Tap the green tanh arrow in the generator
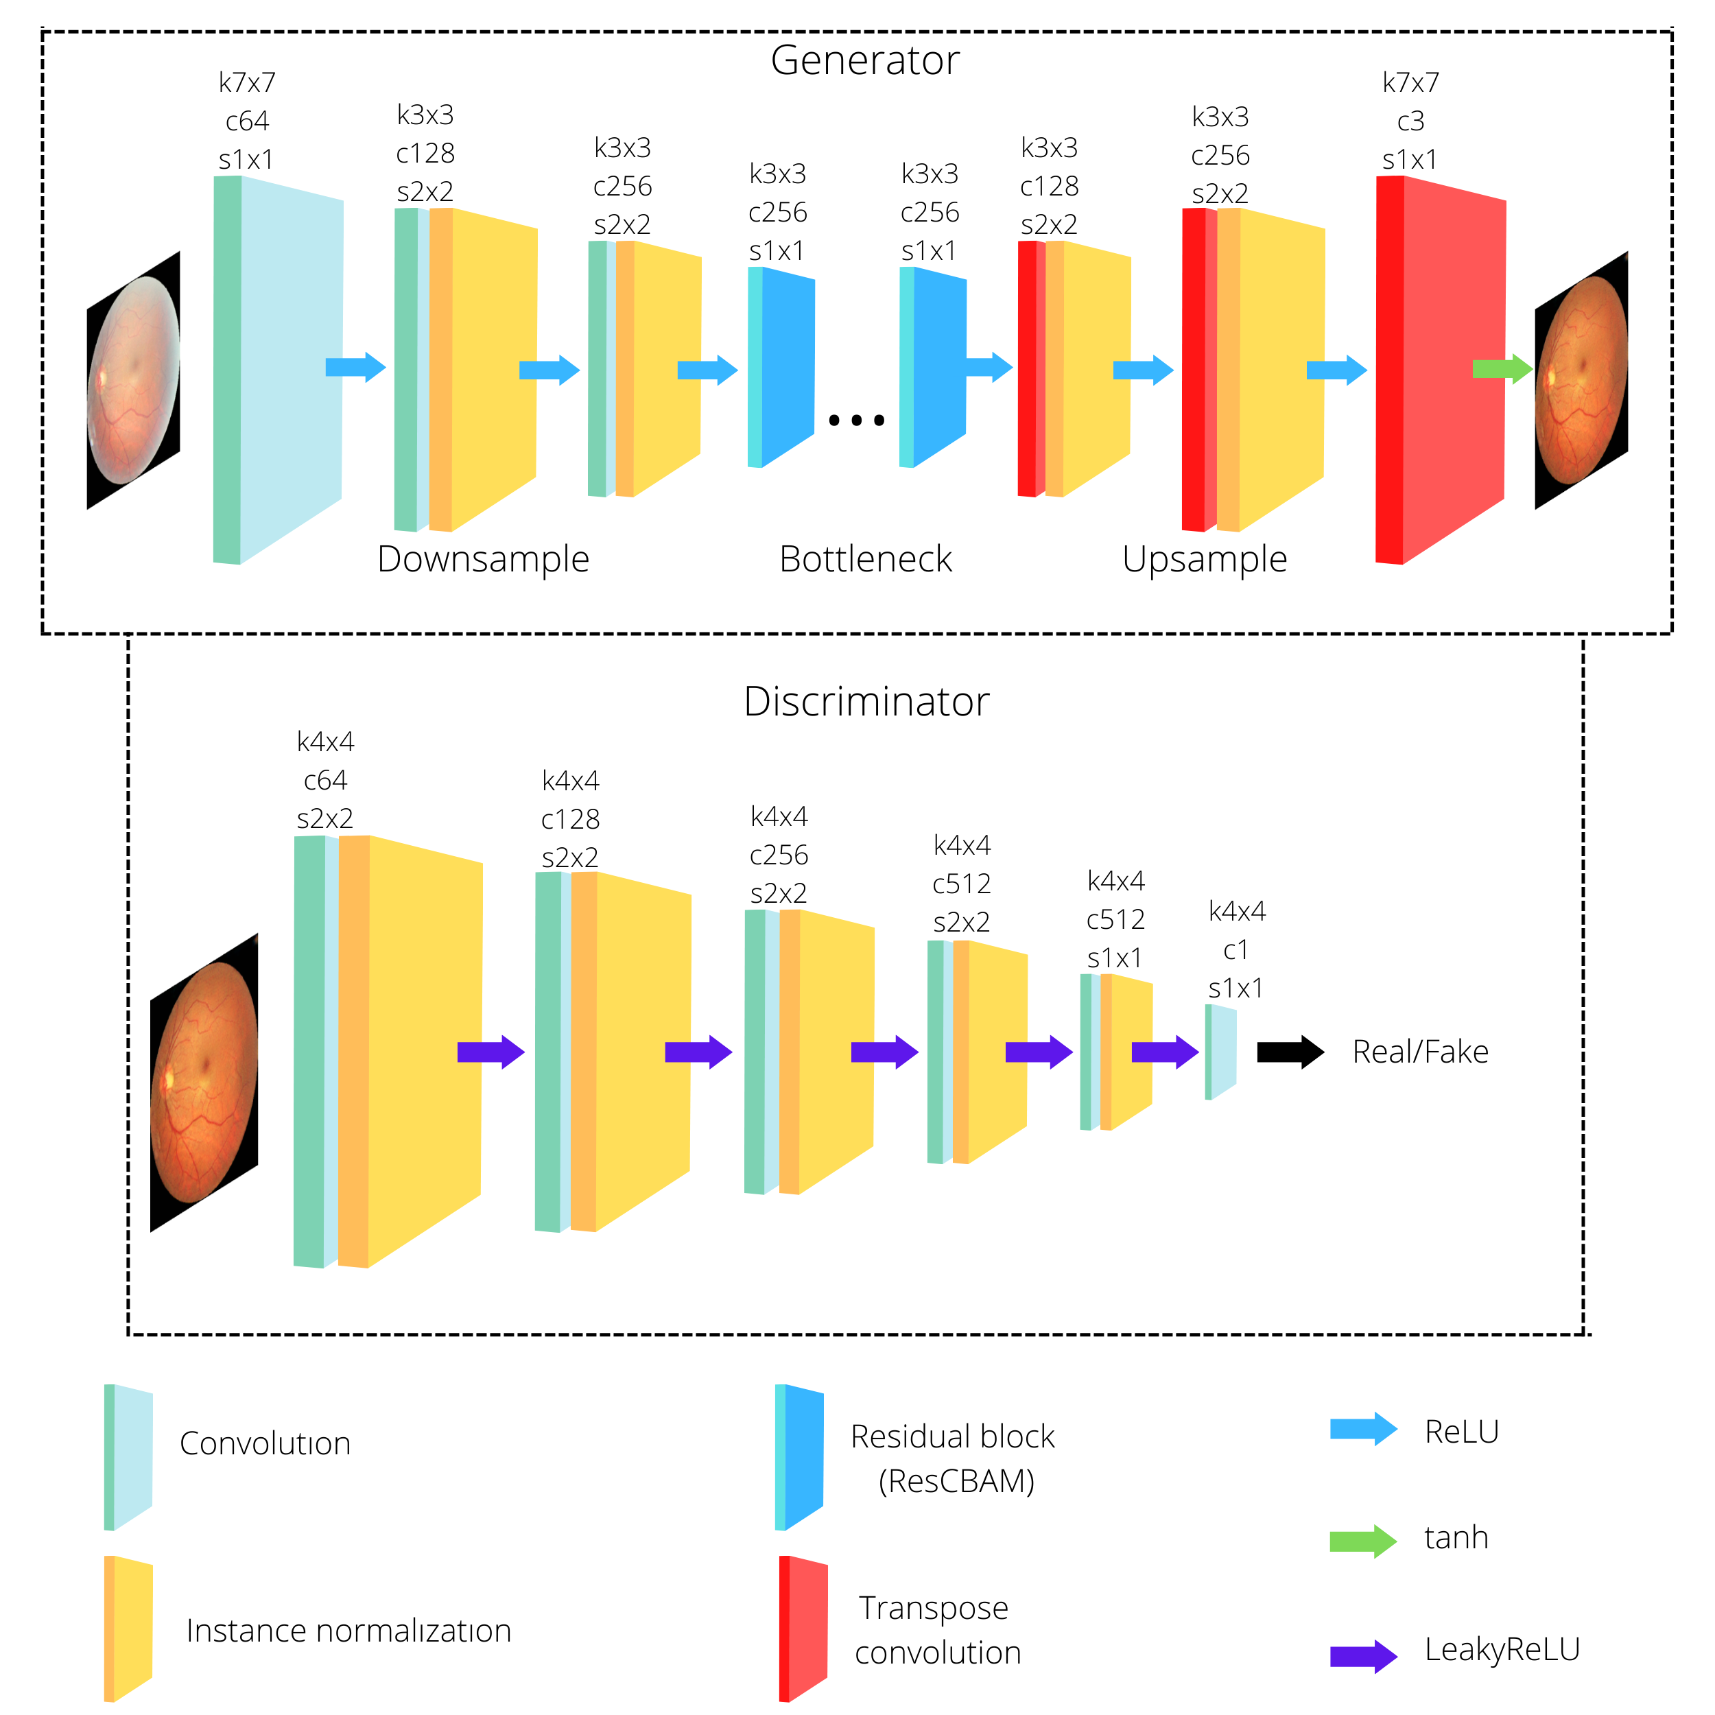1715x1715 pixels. click(x=1501, y=368)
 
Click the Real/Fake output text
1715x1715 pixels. click(x=1419, y=1052)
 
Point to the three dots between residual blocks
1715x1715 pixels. click(x=857, y=420)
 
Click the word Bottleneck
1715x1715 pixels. click(x=866, y=559)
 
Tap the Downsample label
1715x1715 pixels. click(x=483, y=559)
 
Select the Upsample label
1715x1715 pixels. click(x=1204, y=559)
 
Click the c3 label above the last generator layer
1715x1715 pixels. click(x=1410, y=121)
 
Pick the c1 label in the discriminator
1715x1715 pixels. click(x=1235, y=950)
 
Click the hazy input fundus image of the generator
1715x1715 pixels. click(x=133, y=380)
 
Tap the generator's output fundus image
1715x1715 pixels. click(x=1581, y=380)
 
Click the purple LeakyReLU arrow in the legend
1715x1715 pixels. click(x=1362, y=1655)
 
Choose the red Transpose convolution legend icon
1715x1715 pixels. click(x=803, y=1629)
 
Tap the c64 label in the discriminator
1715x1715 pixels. click(x=325, y=780)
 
